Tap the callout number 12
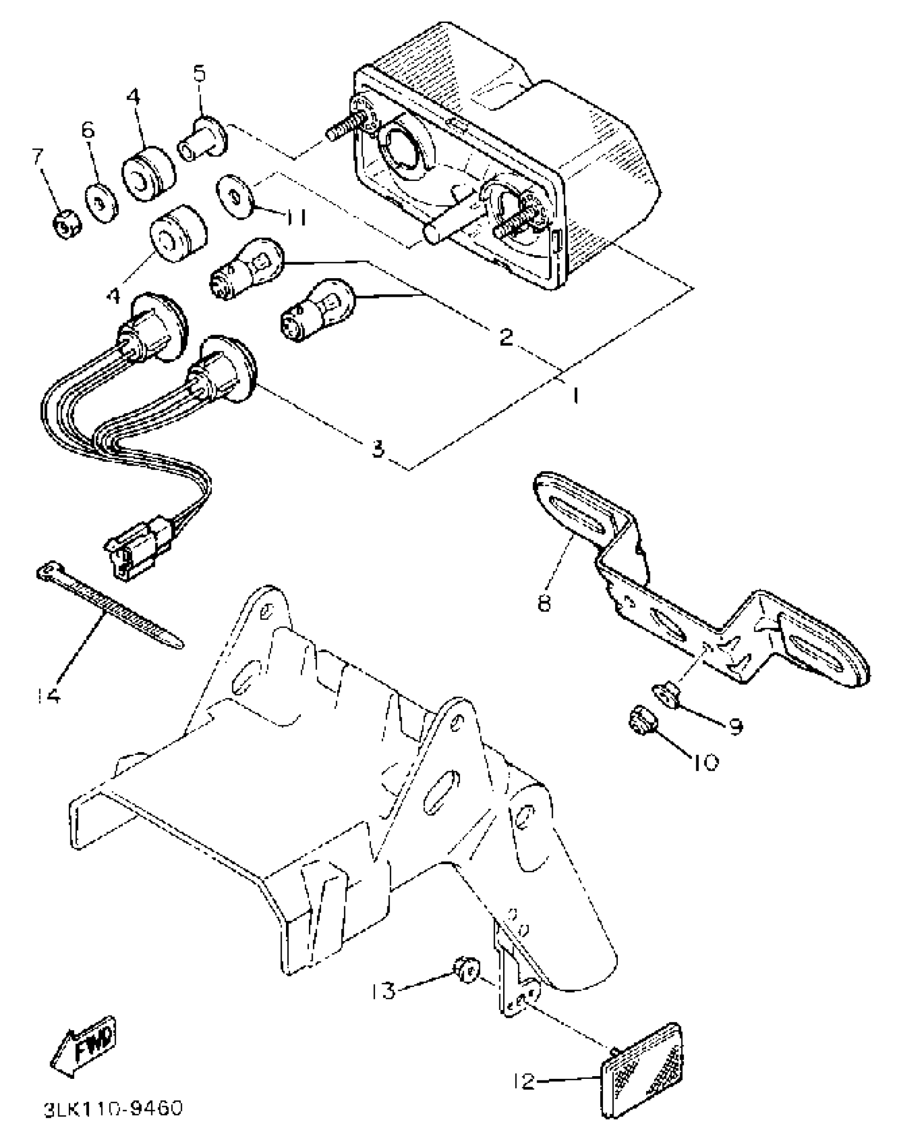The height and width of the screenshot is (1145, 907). [525, 1081]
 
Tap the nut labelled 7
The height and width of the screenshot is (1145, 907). [66, 227]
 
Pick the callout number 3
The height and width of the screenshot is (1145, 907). [378, 449]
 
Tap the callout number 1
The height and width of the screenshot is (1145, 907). [575, 396]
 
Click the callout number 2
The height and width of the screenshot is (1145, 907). [505, 337]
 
